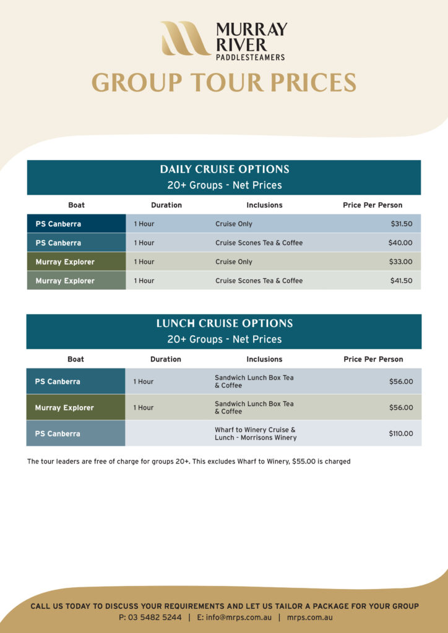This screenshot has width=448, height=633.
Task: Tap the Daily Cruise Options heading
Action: click(x=224, y=169)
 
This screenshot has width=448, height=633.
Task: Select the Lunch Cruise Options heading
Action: click(x=224, y=323)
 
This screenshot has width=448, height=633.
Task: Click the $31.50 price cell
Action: click(x=401, y=224)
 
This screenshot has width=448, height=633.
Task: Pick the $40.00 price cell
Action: click(x=400, y=243)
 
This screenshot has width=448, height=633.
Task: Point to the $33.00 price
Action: click(x=400, y=261)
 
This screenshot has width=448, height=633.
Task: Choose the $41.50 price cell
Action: click(x=401, y=281)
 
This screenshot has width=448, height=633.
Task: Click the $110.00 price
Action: click(x=400, y=433)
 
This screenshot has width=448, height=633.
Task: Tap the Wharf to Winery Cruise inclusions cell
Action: click(x=256, y=433)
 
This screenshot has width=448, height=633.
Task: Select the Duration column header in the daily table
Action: click(x=166, y=205)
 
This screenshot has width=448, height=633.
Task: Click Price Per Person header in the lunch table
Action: click(x=373, y=359)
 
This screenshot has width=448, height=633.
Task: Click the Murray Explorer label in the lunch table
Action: click(x=64, y=408)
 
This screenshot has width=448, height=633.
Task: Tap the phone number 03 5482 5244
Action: click(x=155, y=618)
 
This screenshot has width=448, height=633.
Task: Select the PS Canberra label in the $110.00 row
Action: click(x=58, y=433)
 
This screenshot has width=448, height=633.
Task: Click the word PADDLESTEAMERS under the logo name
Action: click(x=250, y=57)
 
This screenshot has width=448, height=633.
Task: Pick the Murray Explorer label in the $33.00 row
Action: click(x=65, y=262)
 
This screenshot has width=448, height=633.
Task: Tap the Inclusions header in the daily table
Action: click(x=264, y=205)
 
